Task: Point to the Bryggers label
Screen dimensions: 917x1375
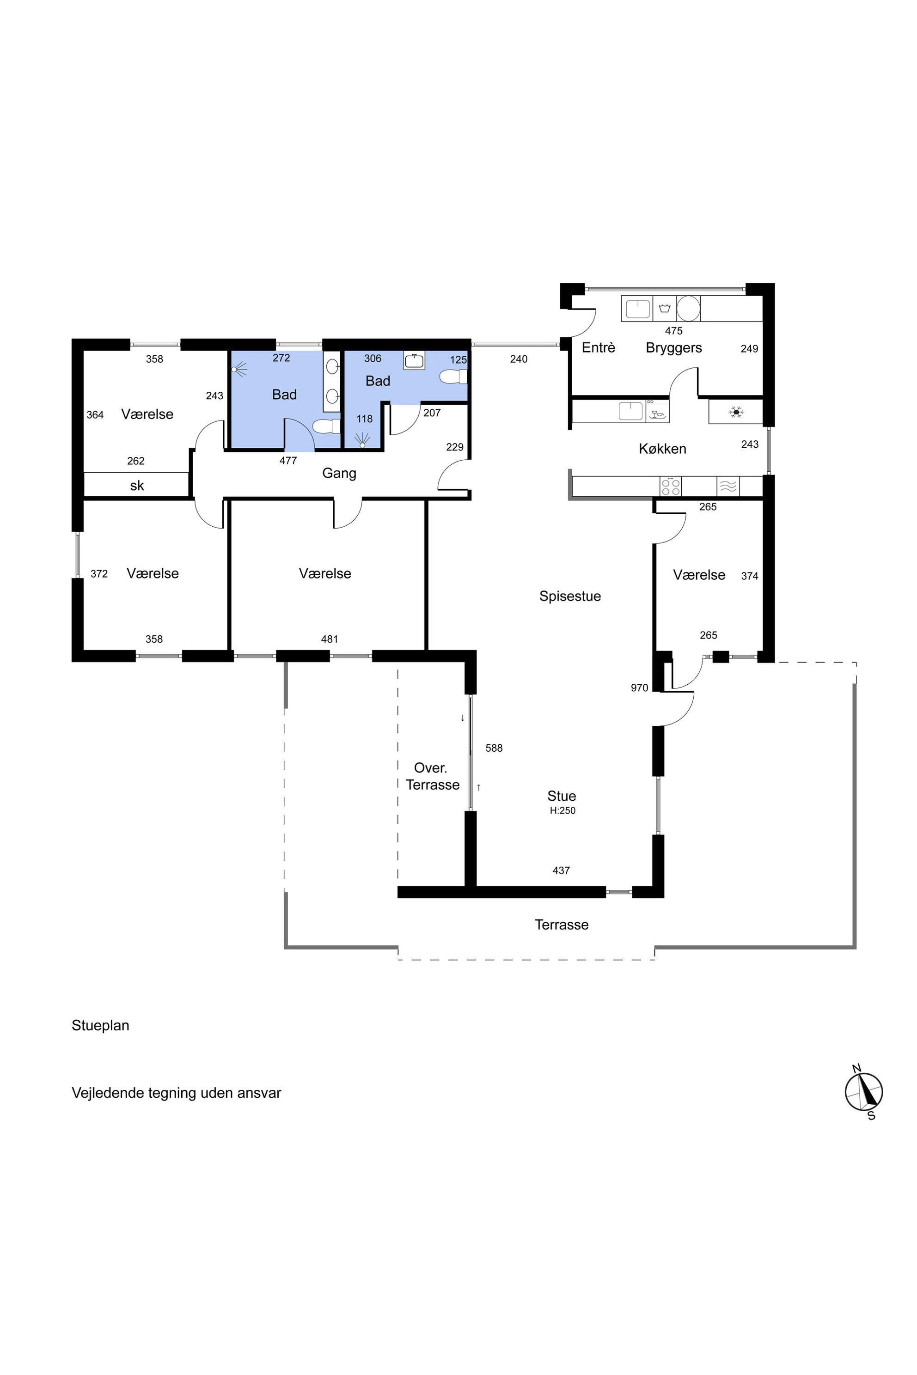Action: click(674, 348)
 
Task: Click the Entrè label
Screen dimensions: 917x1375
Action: click(598, 348)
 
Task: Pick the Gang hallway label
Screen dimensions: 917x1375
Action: click(339, 474)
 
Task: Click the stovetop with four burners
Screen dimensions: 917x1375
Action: click(670, 487)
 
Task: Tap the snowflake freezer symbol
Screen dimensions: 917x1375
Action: click(736, 412)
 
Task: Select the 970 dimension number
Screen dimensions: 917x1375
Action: click(639, 688)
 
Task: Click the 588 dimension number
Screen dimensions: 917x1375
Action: click(494, 748)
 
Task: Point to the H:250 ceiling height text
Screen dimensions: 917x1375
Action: click(562, 811)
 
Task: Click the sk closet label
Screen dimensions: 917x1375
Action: click(137, 486)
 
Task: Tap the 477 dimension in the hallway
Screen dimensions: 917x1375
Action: click(288, 461)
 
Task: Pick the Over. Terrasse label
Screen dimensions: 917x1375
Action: click(433, 776)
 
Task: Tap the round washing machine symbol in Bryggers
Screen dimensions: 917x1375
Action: click(688, 309)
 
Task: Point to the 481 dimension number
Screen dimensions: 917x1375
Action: click(329, 639)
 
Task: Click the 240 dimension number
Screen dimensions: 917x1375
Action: click(518, 359)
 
